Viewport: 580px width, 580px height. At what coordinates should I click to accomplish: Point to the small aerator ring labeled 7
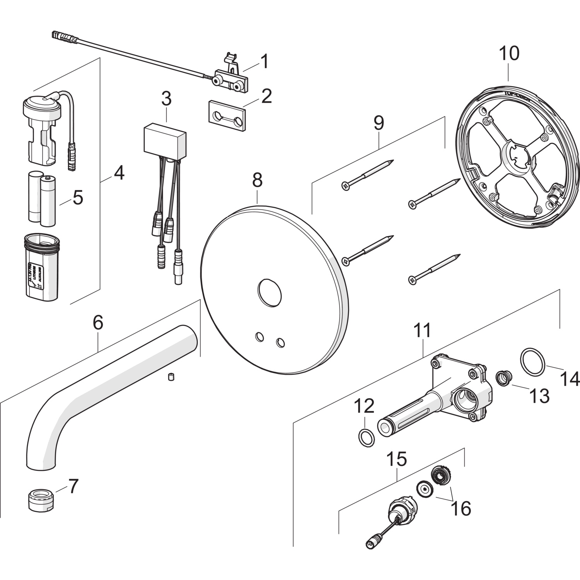coord(40,500)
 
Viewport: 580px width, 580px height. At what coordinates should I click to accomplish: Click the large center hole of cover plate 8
coord(270,291)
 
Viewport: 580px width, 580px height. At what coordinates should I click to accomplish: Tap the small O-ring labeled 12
coord(366,437)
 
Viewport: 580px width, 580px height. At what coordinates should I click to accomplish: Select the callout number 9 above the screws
coord(379,123)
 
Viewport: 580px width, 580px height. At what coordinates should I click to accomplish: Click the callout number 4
coord(119,172)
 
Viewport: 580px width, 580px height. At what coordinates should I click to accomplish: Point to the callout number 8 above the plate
coord(257,180)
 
